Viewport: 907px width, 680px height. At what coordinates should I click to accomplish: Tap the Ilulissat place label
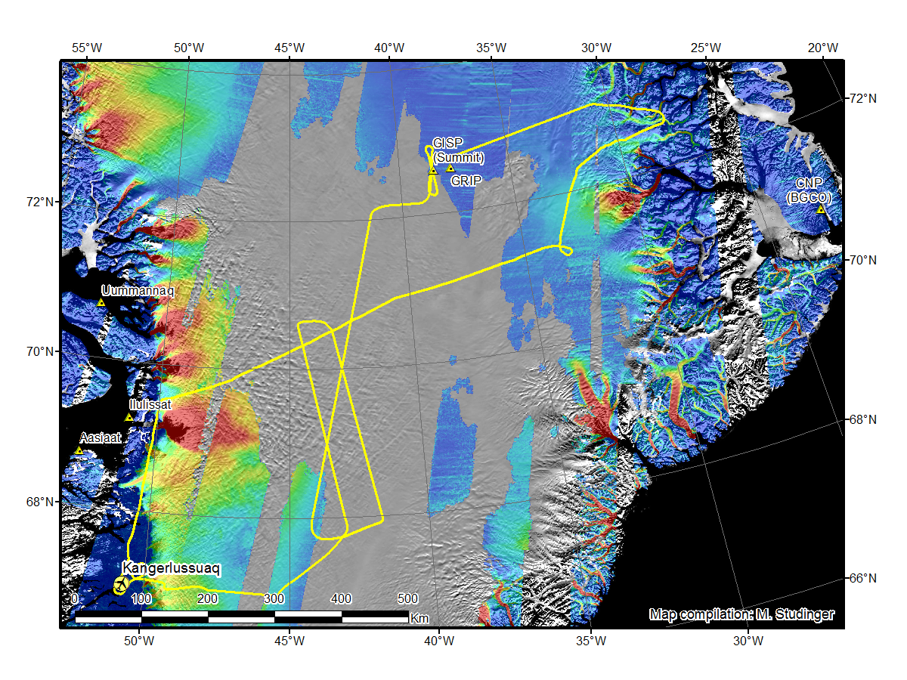point(150,405)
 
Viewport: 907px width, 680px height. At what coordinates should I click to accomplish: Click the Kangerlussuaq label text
point(172,567)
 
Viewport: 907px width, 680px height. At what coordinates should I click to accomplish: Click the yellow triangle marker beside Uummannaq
point(101,302)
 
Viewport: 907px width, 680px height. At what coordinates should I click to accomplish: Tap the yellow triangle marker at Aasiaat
point(79,450)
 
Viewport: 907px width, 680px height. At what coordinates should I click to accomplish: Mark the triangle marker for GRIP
point(450,168)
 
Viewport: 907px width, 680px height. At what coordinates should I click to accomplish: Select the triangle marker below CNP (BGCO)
point(821,209)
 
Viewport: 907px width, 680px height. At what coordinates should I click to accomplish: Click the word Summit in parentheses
point(458,157)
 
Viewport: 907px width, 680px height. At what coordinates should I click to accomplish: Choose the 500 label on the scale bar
point(408,599)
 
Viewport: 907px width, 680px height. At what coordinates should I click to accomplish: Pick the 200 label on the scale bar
point(208,599)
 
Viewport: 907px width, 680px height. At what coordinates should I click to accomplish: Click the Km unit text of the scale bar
point(419,619)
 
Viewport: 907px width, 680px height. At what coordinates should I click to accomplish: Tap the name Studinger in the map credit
point(803,615)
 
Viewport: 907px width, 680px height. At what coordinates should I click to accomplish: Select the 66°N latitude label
point(861,578)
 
